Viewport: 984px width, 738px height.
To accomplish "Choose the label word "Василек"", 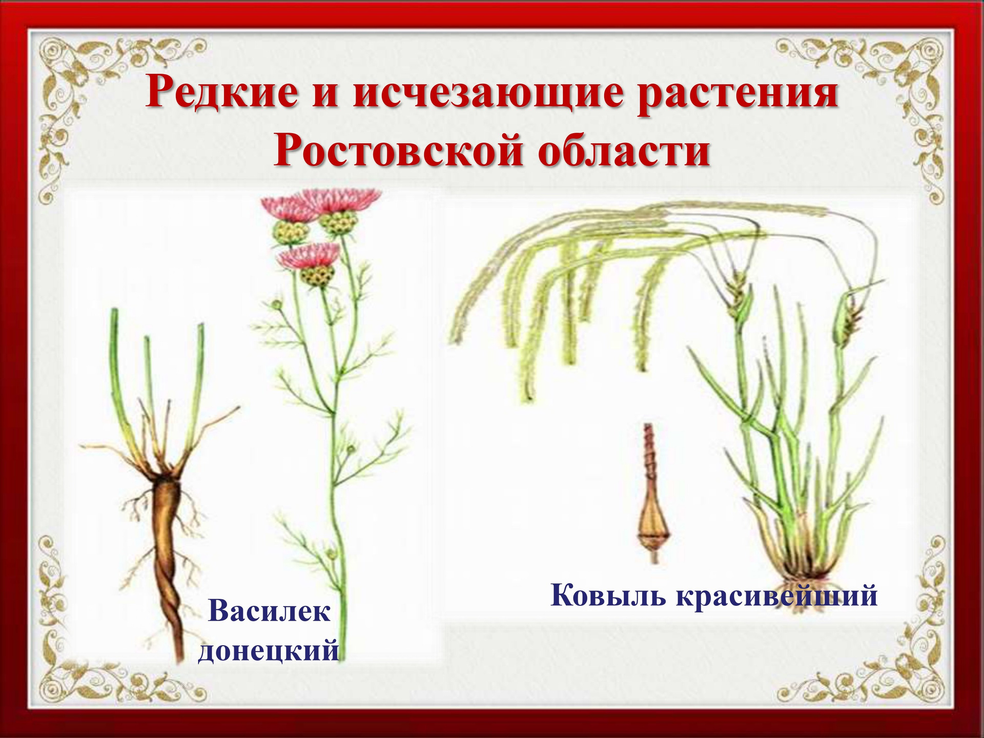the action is [270, 610].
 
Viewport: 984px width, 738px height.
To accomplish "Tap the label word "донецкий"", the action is [269, 650].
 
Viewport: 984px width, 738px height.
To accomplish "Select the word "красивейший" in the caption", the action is [777, 596].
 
